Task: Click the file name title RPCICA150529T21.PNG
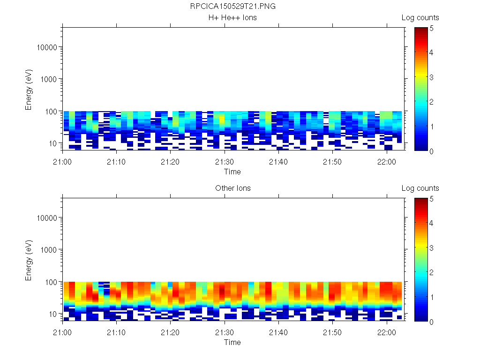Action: [x=232, y=7]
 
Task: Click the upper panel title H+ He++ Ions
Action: [x=232, y=18]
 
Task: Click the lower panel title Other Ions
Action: [x=232, y=188]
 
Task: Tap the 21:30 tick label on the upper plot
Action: [x=225, y=161]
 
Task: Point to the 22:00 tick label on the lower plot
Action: [x=386, y=332]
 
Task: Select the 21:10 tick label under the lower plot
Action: [x=116, y=332]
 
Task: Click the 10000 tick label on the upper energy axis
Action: [x=47, y=47]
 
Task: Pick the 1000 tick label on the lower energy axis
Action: [x=49, y=250]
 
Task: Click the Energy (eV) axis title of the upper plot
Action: [x=29, y=90]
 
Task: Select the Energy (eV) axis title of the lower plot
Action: [x=29, y=260]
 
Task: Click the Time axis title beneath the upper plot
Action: [x=232, y=172]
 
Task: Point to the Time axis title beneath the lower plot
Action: [x=232, y=342]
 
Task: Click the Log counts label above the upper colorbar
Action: [x=420, y=18]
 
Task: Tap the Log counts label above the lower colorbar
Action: [x=420, y=188]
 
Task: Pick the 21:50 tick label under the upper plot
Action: [x=332, y=161]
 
